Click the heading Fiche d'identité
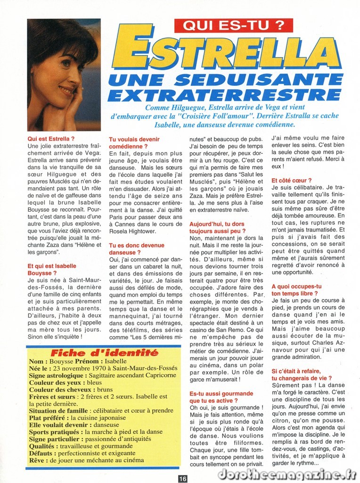(x=104, y=353)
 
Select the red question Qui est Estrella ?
(x=51, y=139)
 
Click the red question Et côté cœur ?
(x=292, y=180)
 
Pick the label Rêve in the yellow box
(x=38, y=460)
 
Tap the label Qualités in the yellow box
(x=43, y=446)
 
